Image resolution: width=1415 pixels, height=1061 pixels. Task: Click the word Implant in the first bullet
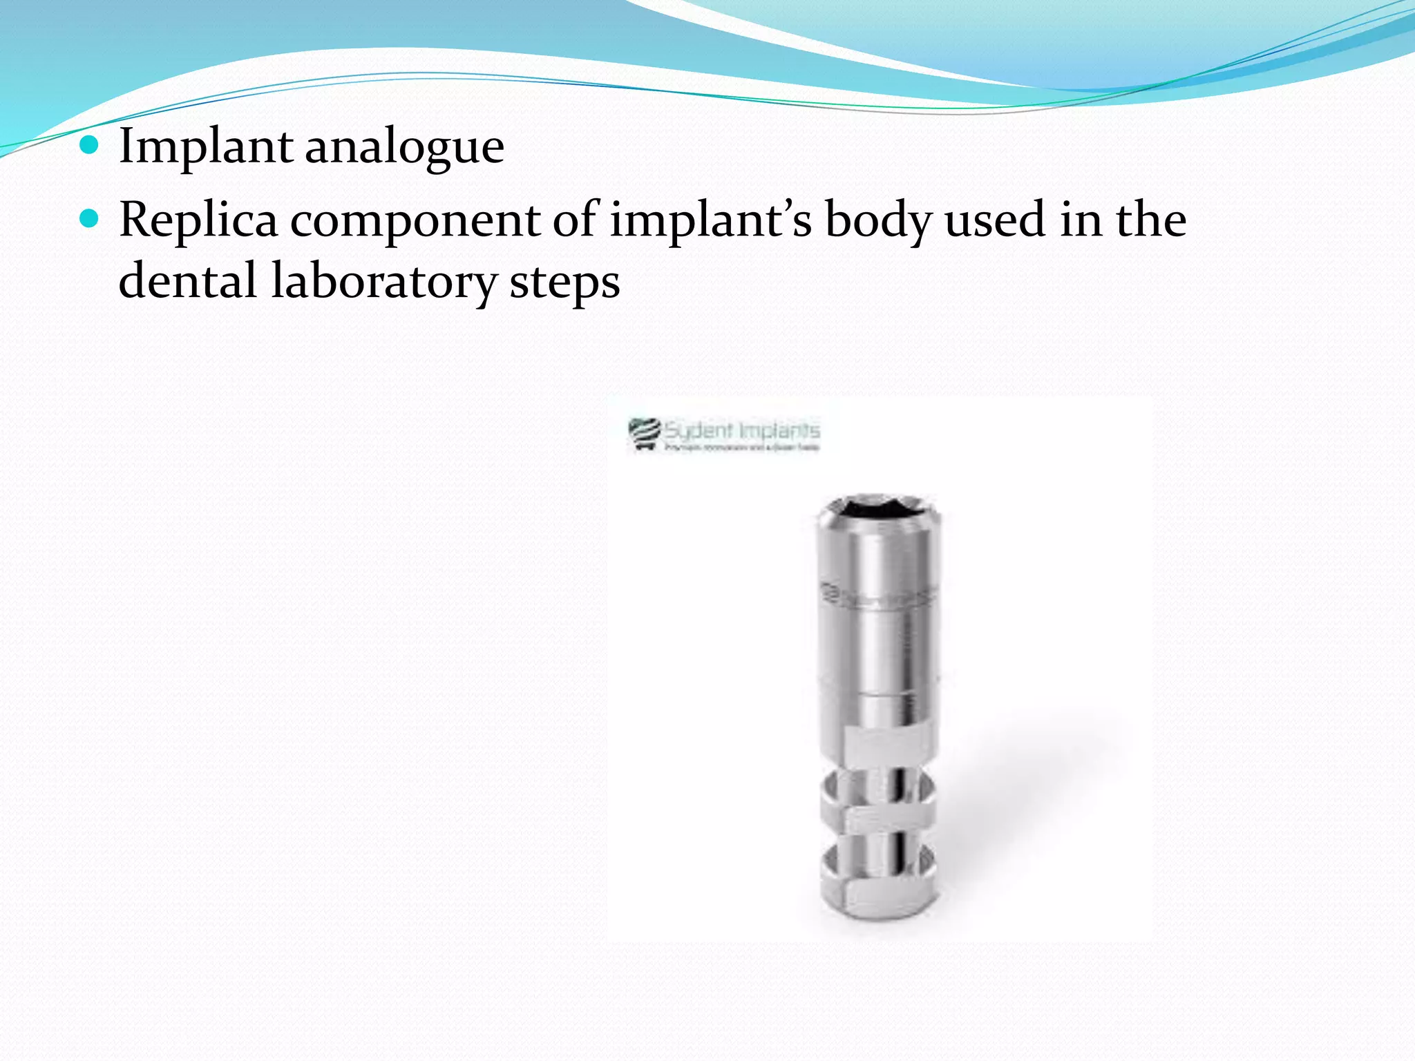tap(205, 146)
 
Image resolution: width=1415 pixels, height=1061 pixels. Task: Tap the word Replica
tap(198, 220)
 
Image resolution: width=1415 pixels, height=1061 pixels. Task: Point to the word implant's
tap(710, 220)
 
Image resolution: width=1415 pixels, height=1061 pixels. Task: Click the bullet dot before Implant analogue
tap(89, 146)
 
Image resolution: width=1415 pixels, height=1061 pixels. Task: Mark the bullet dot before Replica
tap(89, 220)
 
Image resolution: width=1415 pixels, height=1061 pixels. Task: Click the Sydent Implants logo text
tap(741, 431)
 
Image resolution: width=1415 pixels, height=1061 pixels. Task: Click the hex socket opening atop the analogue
tap(875, 508)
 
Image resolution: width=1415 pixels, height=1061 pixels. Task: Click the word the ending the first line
tap(1151, 220)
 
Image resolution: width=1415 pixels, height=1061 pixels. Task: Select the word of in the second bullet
tap(575, 220)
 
